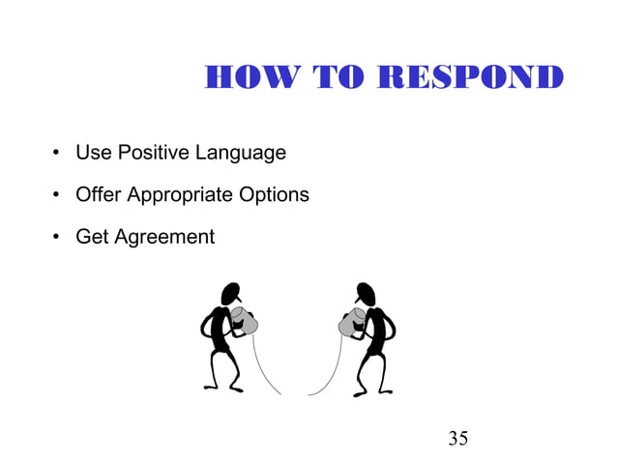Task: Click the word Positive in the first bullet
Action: pyautogui.click(x=155, y=153)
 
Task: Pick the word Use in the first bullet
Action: pyautogui.click(x=93, y=153)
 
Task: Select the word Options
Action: pyautogui.click(x=275, y=195)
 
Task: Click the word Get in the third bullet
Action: pyautogui.click(x=93, y=236)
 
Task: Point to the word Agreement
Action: pyautogui.click(x=164, y=237)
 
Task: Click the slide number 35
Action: pyautogui.click(x=458, y=439)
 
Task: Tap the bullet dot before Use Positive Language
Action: pyautogui.click(x=58, y=154)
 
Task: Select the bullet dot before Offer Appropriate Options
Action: pyautogui.click(x=58, y=195)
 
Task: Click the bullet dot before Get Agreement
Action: pyautogui.click(x=58, y=237)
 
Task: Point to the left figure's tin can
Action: pyautogui.click(x=247, y=323)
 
